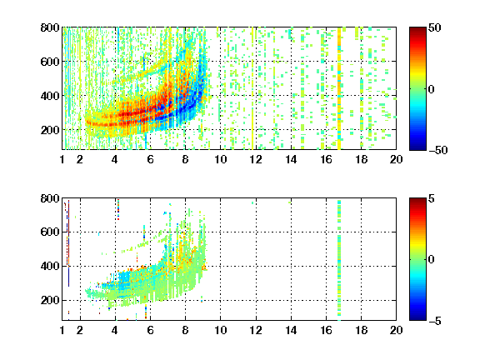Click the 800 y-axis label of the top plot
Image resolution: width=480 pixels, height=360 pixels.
tap(50, 27)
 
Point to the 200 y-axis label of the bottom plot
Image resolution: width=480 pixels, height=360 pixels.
tap(50, 300)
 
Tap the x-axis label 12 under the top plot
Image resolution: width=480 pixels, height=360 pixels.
tap(256, 159)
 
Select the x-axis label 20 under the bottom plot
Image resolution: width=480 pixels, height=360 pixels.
tap(396, 330)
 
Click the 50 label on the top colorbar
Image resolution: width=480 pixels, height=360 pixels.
tap(435, 27)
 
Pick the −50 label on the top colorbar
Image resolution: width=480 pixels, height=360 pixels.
tap(438, 150)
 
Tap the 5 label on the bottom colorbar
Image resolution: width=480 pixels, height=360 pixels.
tap(432, 198)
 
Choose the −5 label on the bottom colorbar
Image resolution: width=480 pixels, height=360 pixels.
tap(435, 321)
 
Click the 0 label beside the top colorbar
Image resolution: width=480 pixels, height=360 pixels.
tap(432, 89)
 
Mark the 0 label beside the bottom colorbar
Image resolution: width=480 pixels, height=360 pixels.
tap(432, 260)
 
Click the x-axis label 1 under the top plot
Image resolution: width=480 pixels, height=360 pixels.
tap(62, 159)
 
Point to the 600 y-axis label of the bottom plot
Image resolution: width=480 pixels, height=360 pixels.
tap(50, 232)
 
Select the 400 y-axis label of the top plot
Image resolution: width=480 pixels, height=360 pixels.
tap(50, 96)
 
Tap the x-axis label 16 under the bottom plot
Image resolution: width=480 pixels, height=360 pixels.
tap(326, 330)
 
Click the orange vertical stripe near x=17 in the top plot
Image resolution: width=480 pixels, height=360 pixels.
tap(339, 88)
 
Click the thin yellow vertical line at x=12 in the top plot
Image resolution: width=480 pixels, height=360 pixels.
tap(252, 88)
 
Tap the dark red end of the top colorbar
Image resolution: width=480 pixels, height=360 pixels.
tap(417, 30)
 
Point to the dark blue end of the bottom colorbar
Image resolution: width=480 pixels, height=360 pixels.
tap(417, 317)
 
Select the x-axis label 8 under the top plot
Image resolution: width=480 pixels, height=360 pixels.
tap(185, 159)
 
